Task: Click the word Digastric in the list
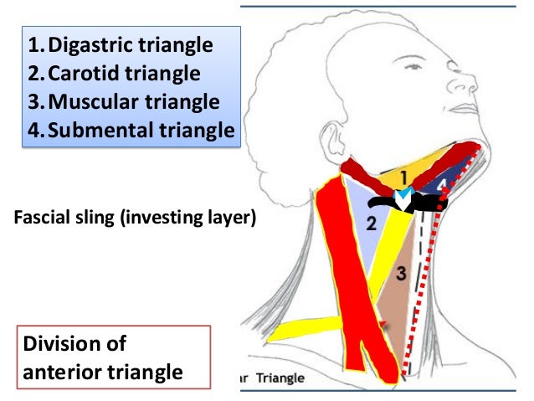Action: click(x=84, y=44)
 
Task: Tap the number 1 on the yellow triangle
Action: click(x=402, y=177)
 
